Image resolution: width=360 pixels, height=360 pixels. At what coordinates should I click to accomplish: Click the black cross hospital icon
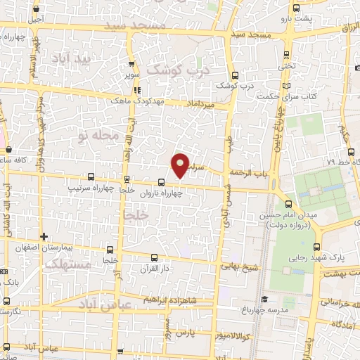[44, 236]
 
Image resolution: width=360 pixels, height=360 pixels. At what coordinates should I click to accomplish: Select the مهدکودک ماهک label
[136, 101]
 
